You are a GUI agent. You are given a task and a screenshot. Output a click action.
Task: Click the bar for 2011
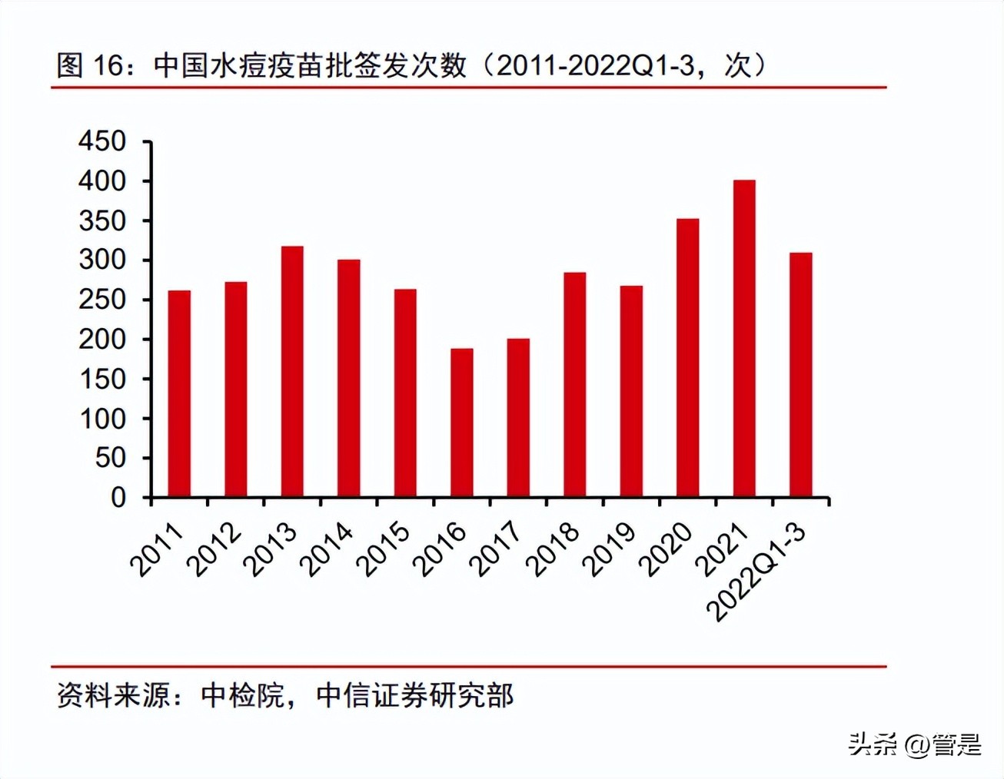pyautogui.click(x=179, y=393)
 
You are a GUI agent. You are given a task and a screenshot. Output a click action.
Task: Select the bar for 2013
pyautogui.click(x=292, y=372)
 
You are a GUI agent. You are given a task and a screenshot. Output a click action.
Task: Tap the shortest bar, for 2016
pyautogui.click(x=462, y=423)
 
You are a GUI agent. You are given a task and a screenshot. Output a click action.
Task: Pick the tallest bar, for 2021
pyautogui.click(x=744, y=339)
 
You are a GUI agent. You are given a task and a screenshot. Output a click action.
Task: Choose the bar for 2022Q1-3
pyautogui.click(x=800, y=375)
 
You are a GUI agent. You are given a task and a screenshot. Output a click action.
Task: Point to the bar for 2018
pyautogui.click(x=574, y=385)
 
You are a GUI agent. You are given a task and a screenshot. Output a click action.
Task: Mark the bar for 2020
pyautogui.click(x=688, y=358)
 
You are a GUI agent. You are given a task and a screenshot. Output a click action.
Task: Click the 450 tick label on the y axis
pyautogui.click(x=102, y=141)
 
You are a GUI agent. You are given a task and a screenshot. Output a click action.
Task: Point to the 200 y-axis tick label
pyautogui.click(x=102, y=339)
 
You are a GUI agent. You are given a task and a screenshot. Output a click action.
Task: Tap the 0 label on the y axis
pyautogui.click(x=118, y=498)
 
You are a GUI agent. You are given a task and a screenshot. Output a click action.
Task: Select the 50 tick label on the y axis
pyautogui.click(x=110, y=458)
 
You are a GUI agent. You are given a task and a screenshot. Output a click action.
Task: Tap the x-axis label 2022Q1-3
pyautogui.click(x=756, y=572)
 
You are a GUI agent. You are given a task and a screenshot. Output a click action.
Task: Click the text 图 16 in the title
pyautogui.click(x=90, y=66)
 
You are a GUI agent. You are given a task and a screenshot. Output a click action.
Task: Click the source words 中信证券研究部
pyautogui.click(x=414, y=696)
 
